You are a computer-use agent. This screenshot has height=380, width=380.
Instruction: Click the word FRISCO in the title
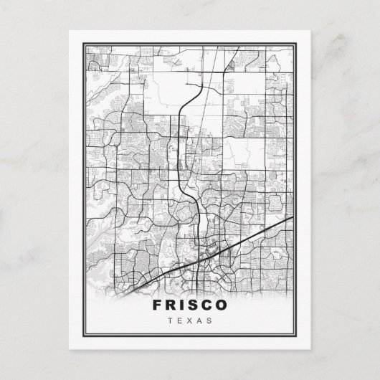190,305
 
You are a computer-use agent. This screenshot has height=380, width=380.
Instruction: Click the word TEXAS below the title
190,320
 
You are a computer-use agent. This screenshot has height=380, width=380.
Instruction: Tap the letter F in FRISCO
157,305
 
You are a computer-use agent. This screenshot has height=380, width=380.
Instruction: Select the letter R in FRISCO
171,305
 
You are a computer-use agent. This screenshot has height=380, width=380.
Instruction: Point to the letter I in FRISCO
183,305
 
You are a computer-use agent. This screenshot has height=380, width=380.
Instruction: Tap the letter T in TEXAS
169,320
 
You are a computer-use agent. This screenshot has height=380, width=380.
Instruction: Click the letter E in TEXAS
179,320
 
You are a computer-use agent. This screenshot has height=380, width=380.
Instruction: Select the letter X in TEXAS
190,320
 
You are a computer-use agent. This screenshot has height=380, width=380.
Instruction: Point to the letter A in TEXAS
200,320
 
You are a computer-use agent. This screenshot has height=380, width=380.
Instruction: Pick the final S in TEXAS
210,320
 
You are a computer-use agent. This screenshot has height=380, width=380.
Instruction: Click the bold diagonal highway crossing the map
244,241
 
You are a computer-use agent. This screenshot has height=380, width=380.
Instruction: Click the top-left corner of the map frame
84,44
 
